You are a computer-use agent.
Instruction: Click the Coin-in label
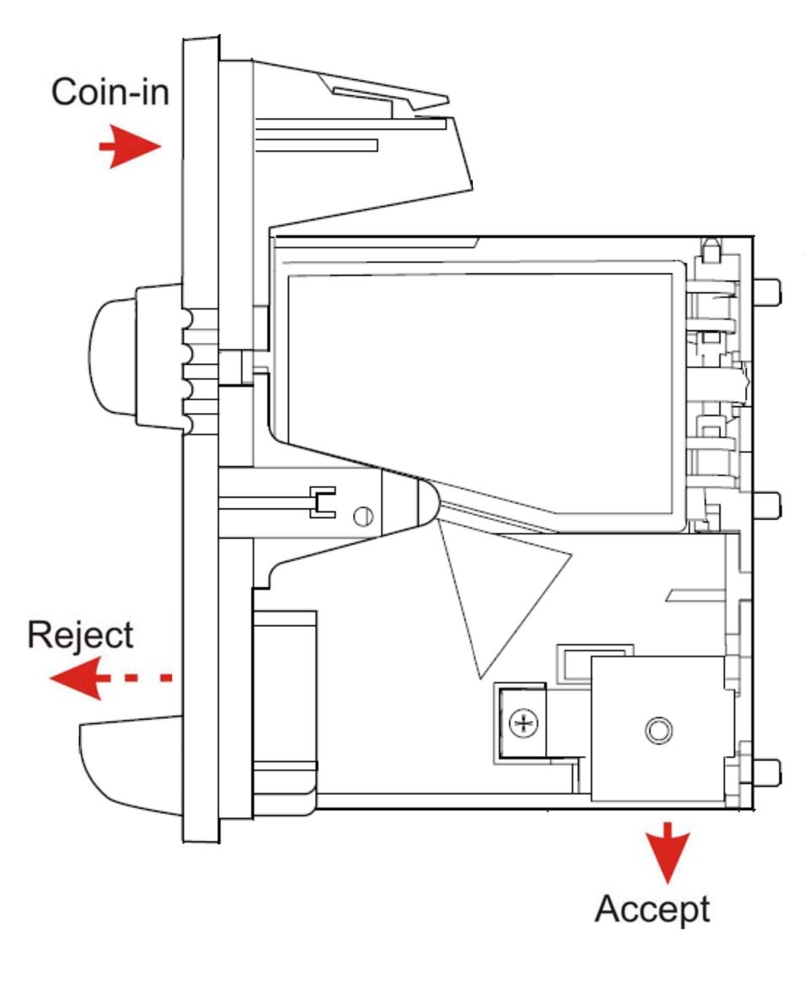click(x=110, y=91)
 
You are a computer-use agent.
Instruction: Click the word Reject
click(x=80, y=635)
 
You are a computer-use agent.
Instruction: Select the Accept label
click(x=652, y=909)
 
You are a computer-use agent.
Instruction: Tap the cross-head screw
click(x=523, y=722)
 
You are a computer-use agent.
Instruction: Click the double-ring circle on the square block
click(x=657, y=730)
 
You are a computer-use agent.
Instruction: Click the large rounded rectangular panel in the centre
click(x=480, y=388)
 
